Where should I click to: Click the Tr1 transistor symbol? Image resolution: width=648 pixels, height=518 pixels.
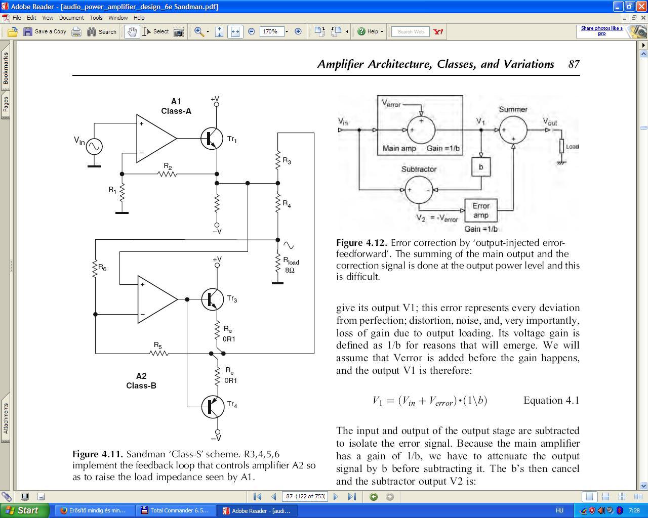(x=212, y=139)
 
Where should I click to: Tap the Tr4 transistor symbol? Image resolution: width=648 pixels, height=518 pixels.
(x=213, y=407)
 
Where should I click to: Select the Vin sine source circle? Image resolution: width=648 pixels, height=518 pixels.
(x=94, y=147)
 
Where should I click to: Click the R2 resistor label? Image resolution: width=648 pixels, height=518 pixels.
(x=168, y=166)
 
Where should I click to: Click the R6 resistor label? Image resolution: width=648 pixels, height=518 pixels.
(x=102, y=268)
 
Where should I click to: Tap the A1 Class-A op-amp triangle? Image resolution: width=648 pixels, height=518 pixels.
(x=155, y=138)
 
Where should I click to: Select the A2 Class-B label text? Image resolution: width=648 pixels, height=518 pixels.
(x=141, y=381)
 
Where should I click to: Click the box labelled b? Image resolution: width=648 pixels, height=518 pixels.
(x=480, y=167)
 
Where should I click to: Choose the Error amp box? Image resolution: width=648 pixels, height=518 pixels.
(x=480, y=210)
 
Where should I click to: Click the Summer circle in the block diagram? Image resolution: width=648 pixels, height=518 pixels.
(x=513, y=130)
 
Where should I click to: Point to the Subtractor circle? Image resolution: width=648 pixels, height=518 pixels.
(x=419, y=190)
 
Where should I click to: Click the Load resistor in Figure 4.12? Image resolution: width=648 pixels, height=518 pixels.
(x=561, y=147)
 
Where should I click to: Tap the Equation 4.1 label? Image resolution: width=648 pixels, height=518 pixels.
(x=551, y=401)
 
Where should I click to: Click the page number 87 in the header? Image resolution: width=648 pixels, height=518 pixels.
(x=574, y=64)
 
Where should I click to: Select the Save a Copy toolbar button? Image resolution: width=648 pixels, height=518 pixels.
(x=45, y=31)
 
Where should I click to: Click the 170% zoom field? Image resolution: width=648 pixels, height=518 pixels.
(x=271, y=31)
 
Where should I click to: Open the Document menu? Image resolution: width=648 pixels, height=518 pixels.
(x=71, y=18)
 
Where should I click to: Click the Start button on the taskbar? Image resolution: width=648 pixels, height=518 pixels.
(x=25, y=510)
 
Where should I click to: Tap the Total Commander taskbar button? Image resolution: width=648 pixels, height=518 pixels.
(x=175, y=510)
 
